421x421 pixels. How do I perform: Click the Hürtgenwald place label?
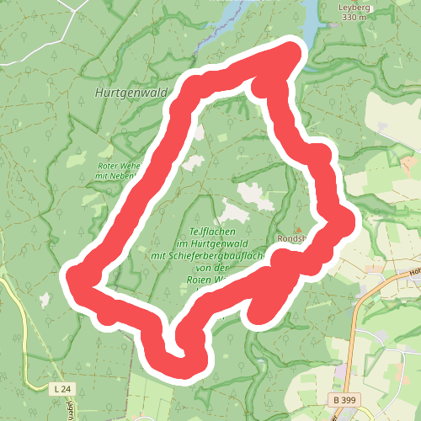132,93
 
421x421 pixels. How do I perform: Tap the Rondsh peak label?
294,237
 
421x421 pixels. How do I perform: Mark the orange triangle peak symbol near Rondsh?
297,228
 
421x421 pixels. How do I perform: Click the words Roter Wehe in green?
119,167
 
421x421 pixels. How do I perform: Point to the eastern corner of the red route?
347,223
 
